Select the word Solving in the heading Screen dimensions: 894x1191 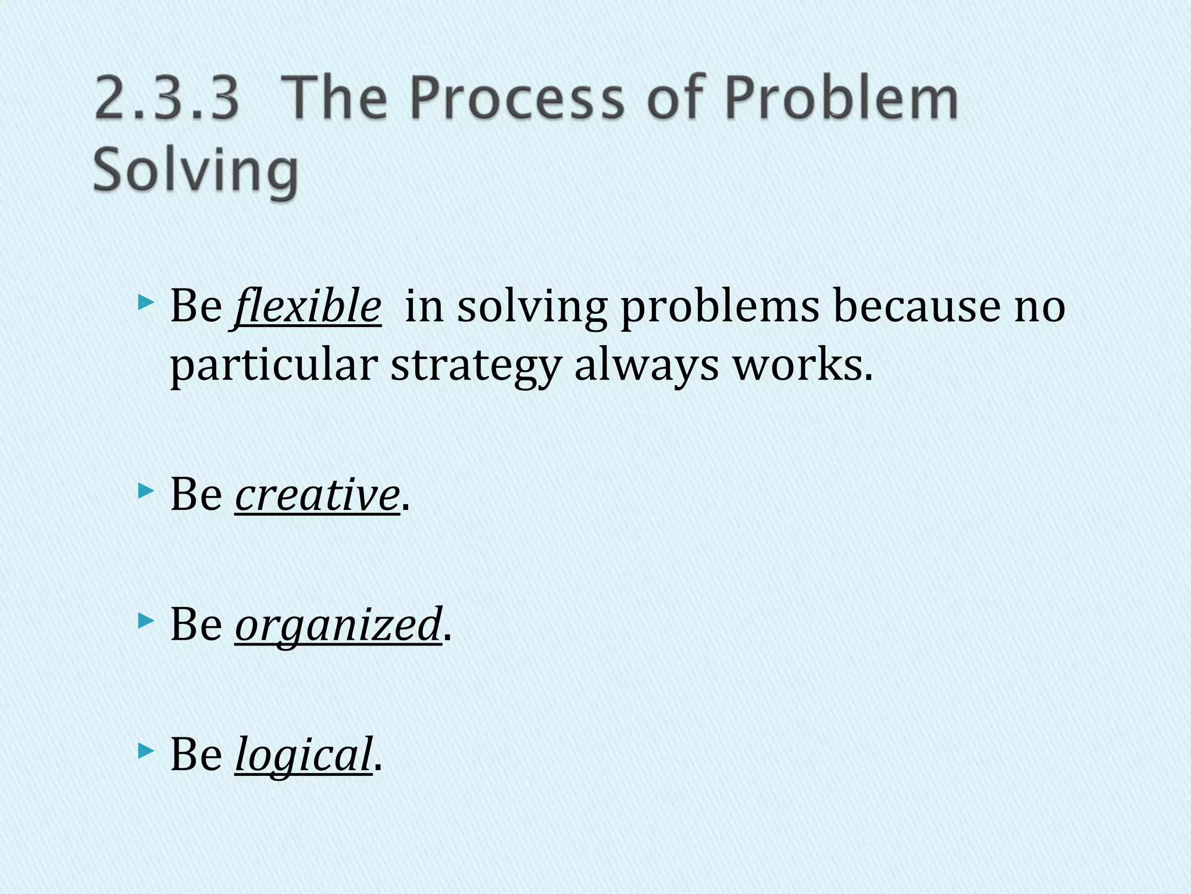(x=196, y=170)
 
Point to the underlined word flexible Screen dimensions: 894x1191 (x=308, y=306)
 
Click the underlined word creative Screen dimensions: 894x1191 (x=317, y=494)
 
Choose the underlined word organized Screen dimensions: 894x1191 (x=338, y=625)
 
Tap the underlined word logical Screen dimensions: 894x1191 (x=303, y=754)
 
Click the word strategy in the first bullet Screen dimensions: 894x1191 (x=475, y=367)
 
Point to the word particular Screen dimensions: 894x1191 (x=273, y=367)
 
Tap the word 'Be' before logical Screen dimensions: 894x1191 (x=196, y=754)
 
